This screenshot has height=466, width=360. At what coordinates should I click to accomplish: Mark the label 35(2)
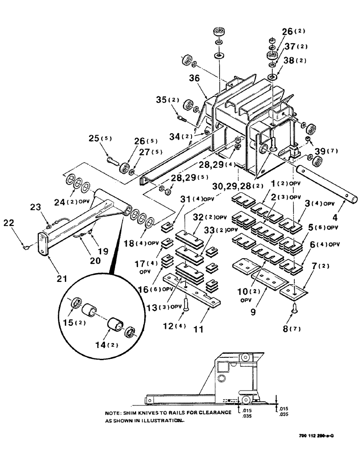pyautogui.click(x=165, y=100)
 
